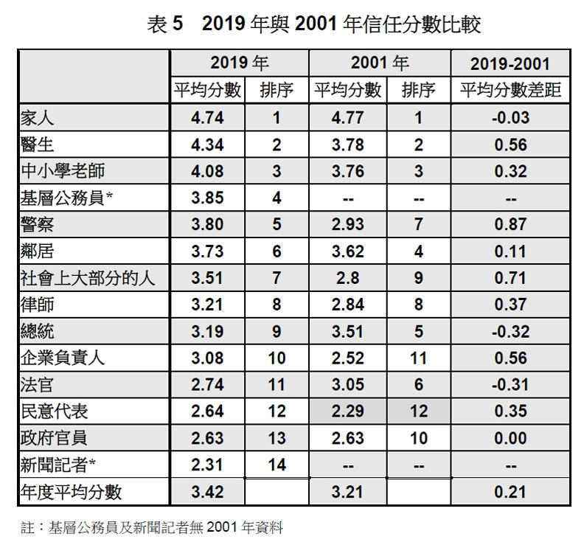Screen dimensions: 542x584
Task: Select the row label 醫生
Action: click(38, 145)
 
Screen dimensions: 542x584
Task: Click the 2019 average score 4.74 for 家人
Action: click(206, 118)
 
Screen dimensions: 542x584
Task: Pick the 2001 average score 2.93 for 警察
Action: click(347, 225)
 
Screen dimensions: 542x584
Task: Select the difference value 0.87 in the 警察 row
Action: click(510, 225)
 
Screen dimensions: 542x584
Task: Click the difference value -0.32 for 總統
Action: click(510, 331)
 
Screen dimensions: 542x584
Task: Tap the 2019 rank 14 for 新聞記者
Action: click(276, 465)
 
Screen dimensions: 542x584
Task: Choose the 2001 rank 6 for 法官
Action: click(418, 384)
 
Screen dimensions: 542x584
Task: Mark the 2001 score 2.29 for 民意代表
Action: click(347, 411)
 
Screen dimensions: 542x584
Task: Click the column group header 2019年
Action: click(239, 63)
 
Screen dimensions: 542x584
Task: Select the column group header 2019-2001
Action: click(510, 64)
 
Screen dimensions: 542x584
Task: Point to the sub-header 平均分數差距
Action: click(510, 91)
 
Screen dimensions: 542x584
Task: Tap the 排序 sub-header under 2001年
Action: click(418, 91)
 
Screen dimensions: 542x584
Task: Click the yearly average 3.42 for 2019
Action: click(206, 491)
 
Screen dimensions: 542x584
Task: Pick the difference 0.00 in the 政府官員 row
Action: click(510, 438)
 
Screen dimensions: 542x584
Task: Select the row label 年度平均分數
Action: click(72, 491)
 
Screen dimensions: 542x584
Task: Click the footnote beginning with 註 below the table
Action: click(152, 527)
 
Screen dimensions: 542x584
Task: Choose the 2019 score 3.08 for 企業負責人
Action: click(206, 358)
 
